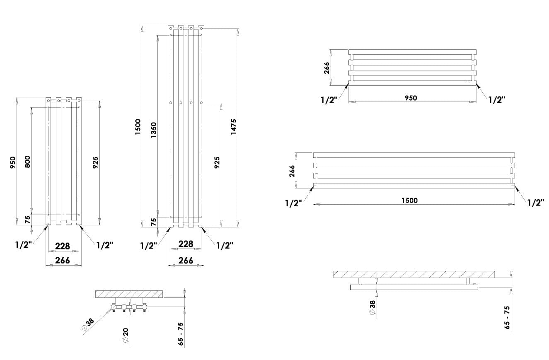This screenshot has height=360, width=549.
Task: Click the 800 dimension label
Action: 27,162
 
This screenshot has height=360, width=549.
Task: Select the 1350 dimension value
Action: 153,130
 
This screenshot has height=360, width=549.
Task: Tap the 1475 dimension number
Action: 234,127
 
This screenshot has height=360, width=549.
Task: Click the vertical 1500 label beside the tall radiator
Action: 138,127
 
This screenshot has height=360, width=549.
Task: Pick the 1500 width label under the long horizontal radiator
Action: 409,201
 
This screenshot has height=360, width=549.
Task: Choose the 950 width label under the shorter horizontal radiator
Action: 411,98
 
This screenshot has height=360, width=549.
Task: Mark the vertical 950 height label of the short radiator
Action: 13,162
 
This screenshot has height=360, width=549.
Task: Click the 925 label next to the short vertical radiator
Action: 95,162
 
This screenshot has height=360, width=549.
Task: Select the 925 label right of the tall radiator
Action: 217,162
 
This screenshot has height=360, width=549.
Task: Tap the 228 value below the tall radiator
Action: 186,244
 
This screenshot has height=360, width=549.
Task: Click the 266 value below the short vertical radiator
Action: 63,260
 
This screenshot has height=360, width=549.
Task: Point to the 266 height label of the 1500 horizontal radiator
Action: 292,171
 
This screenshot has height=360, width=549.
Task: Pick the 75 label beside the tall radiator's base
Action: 153,222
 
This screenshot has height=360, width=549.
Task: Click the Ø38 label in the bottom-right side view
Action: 372,307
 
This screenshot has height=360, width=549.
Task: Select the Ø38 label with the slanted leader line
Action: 88,324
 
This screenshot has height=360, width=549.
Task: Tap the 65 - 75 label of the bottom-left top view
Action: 180,334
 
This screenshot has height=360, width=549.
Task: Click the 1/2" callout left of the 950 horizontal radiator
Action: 329,100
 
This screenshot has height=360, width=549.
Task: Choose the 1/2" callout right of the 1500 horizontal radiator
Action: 535,203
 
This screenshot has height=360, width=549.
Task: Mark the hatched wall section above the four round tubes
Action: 129,294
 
